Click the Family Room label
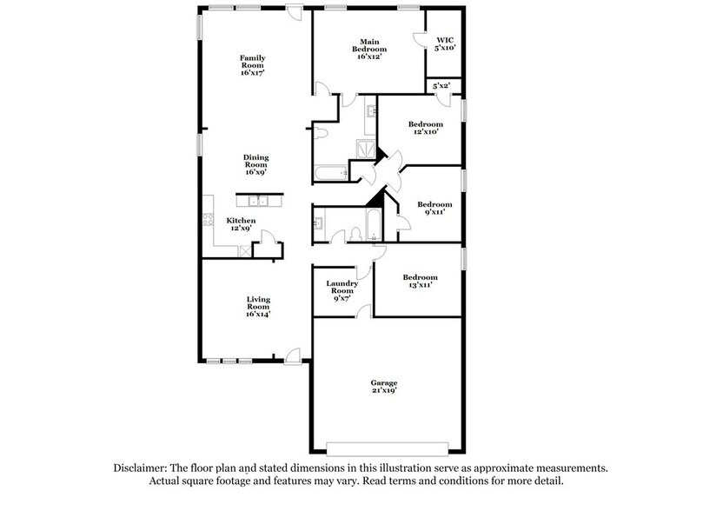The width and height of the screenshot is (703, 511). (253, 65)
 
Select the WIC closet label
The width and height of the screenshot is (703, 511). (444, 43)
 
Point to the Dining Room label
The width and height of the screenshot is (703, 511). (255, 165)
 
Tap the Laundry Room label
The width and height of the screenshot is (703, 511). (342, 289)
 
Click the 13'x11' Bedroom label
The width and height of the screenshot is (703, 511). (421, 282)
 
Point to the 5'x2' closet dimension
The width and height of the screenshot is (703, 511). (441, 86)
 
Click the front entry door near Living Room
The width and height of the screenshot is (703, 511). (293, 354)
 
